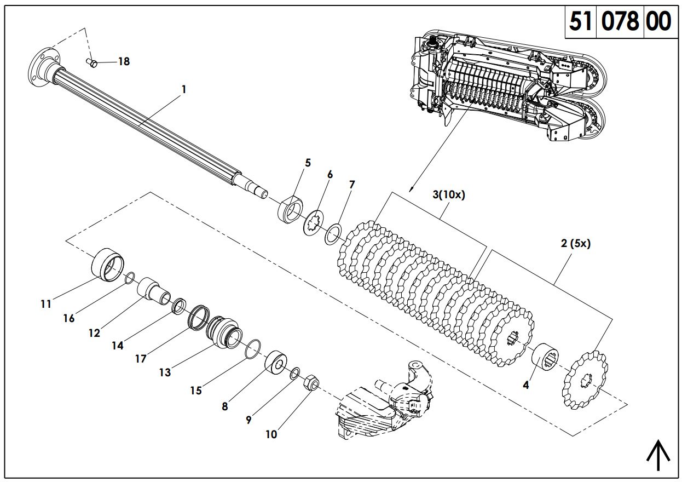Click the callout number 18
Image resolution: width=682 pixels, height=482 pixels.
pos(124,61)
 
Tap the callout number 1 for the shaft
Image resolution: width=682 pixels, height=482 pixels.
pos(184,89)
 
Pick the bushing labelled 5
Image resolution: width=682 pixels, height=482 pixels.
pos(290,210)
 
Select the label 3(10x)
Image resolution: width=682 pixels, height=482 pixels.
pos(448,195)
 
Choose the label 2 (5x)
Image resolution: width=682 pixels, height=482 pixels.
pos(575,244)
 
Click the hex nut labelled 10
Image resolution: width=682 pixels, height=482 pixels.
pos(311,381)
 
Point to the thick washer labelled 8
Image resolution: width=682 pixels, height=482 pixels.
pos(276,363)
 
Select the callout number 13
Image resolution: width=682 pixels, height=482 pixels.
pos(165,372)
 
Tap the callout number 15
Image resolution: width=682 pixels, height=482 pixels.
pos(196,391)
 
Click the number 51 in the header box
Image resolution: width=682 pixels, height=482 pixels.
pos(581,22)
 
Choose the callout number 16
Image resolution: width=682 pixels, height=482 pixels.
pos(68,318)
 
